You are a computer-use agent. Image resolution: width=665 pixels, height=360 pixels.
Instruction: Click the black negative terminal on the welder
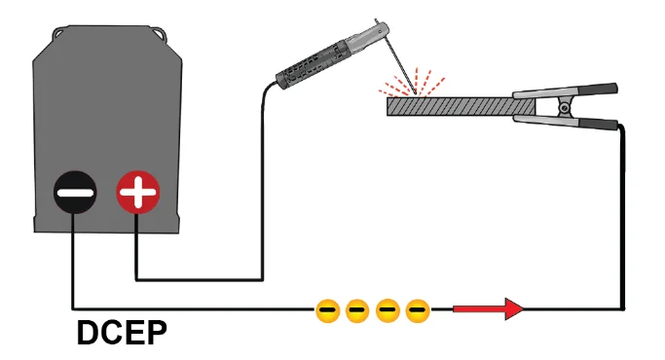pyautogui.click(x=74, y=194)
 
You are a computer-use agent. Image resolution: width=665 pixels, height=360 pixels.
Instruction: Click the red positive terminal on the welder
pyautogui.click(x=136, y=194)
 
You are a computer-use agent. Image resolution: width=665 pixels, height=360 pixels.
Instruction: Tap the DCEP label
pyautogui.click(x=122, y=333)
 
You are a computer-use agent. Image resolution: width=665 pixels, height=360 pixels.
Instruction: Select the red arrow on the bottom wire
pyautogui.click(x=490, y=309)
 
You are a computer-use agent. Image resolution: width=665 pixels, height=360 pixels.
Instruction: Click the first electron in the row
pyautogui.click(x=328, y=310)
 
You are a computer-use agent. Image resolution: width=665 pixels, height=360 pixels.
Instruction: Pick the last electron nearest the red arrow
pyautogui.click(x=418, y=310)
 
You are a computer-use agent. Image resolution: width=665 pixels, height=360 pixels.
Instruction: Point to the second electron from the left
pyautogui.click(x=357, y=310)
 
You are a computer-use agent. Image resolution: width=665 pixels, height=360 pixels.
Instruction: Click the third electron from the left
pyautogui.click(x=388, y=310)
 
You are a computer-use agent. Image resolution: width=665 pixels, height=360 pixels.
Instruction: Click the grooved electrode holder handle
pyautogui.click(x=312, y=63)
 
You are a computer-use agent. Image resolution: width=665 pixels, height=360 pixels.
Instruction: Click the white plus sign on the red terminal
pyautogui.click(x=136, y=194)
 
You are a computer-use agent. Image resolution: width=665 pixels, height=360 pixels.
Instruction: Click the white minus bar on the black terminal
pyautogui.click(x=74, y=194)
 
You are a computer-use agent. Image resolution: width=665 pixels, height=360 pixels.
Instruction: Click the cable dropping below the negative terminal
pyautogui.click(x=74, y=258)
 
